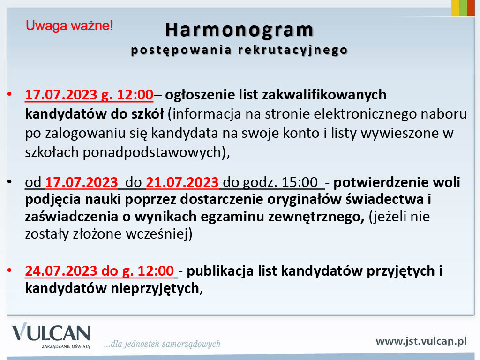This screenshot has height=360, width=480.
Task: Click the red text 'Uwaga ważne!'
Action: pyautogui.click(x=69, y=26)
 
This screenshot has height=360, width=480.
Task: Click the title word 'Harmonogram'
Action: pyautogui.click(x=240, y=30)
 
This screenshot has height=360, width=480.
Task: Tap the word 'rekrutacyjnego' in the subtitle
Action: pyautogui.click(x=293, y=50)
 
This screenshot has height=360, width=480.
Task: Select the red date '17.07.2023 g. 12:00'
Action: pyautogui.click(x=89, y=95)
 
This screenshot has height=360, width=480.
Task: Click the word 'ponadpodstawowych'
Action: pyautogui.click(x=152, y=152)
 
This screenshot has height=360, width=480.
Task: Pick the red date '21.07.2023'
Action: pyautogui.click(x=182, y=182)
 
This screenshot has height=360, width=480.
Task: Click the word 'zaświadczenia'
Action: pyautogui.click(x=72, y=217)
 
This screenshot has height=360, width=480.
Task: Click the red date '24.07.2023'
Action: pyautogui.click(x=61, y=271)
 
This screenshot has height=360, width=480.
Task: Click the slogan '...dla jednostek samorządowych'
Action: pyautogui.click(x=162, y=344)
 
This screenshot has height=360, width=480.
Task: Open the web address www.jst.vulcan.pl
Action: pyautogui.click(x=421, y=341)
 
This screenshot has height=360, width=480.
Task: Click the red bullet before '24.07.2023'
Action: pyautogui.click(x=9, y=270)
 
